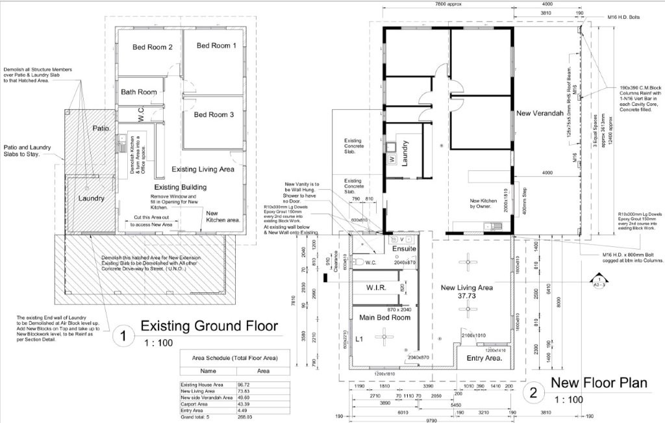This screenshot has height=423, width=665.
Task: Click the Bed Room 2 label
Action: pyautogui.click(x=152, y=47)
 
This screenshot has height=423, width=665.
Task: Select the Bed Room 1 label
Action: pyautogui.click(x=216, y=45)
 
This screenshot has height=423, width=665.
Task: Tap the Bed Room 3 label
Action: pyautogui.click(x=214, y=114)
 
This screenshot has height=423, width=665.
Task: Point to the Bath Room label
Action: pyautogui.click(x=139, y=92)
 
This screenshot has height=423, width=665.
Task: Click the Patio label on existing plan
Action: pyautogui.click(x=102, y=127)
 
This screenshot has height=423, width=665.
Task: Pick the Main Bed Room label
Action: pyautogui.click(x=384, y=318)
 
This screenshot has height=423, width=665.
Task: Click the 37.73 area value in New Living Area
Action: pyautogui.click(x=466, y=296)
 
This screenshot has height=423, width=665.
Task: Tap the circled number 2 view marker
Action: pyautogui.click(x=533, y=392)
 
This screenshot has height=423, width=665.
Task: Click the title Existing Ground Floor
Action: pyautogui.click(x=209, y=326)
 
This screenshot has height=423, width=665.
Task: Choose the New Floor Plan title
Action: pyautogui.click(x=599, y=383)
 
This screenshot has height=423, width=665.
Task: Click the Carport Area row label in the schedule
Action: pyautogui.click(x=197, y=404)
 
